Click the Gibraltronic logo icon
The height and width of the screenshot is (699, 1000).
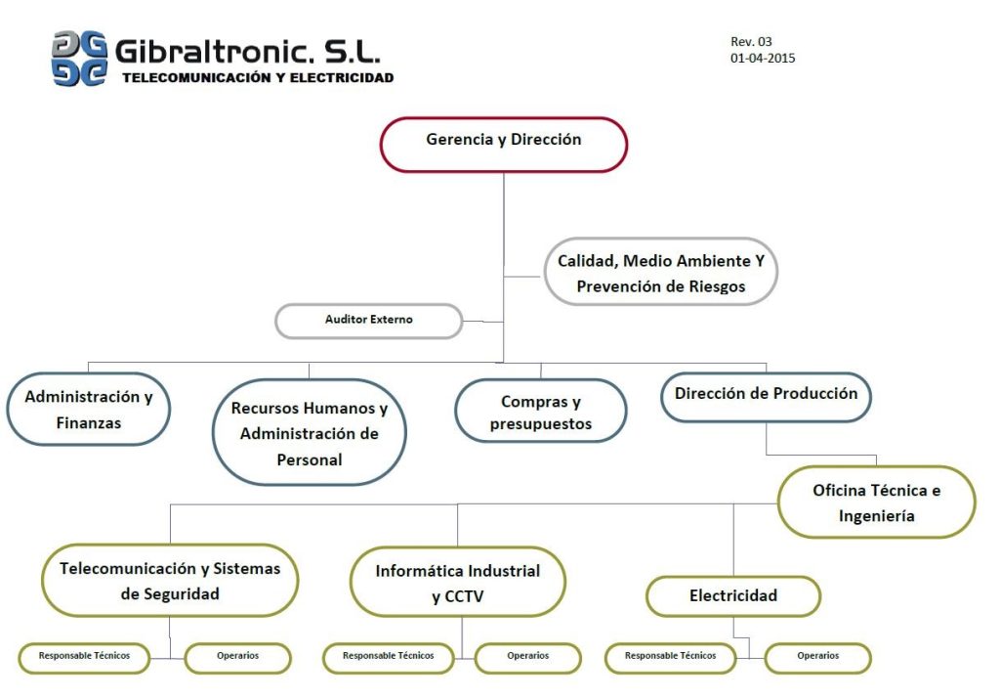79,59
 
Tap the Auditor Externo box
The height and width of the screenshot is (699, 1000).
368,321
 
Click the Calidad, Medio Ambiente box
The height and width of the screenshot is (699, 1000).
660,274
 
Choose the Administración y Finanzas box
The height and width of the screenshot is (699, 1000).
88,410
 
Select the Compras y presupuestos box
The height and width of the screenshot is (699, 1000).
540,413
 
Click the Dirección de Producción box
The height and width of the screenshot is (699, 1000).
766,395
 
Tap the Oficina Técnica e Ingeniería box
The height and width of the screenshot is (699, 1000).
876,502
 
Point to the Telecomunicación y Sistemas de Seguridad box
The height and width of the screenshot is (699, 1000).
170,580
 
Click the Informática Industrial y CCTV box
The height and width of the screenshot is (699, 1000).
457,583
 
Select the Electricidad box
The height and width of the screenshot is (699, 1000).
732,595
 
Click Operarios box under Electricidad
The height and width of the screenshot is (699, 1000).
817,657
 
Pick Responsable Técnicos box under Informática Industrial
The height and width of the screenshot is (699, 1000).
388,657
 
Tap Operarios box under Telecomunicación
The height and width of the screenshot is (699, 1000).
237,657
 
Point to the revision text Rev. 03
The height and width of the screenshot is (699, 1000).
751,42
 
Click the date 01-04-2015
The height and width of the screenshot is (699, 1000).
762,59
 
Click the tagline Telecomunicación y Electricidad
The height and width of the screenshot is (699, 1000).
258,77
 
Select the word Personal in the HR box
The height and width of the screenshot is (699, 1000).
309,459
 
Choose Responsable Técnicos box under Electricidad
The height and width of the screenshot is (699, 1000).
670,657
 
